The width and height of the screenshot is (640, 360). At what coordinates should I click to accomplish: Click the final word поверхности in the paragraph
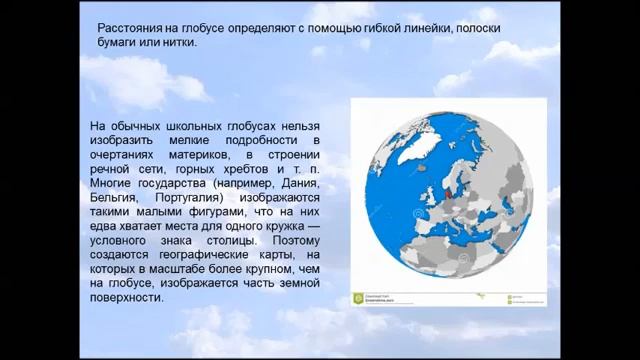point(126,296)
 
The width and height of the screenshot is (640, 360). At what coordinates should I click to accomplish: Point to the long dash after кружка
point(313,226)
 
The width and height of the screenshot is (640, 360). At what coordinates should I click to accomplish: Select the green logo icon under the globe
point(359,297)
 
